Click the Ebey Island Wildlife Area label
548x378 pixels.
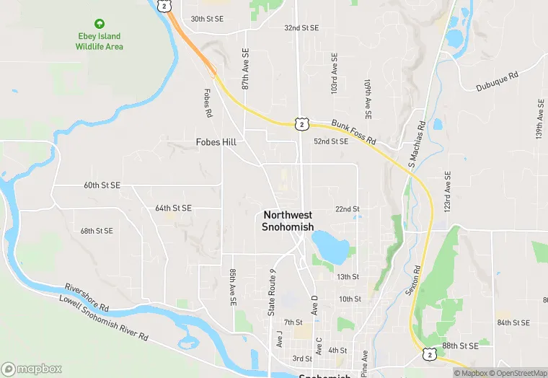tap(100, 41)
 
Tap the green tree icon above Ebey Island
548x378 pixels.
tap(100, 24)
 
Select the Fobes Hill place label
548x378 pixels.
tap(216, 142)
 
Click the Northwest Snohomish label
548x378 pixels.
tap(288, 221)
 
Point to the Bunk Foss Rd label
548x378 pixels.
tap(354, 131)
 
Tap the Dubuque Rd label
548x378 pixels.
tap(497, 82)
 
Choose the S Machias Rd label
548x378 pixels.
tap(417, 145)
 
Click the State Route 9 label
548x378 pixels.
tap(272, 292)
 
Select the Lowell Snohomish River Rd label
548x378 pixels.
tap(105, 317)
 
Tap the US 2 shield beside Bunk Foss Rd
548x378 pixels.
tap(302, 124)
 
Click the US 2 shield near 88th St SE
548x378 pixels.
tap(430, 353)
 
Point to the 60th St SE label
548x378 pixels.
tap(102, 185)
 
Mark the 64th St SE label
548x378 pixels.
tap(173, 208)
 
